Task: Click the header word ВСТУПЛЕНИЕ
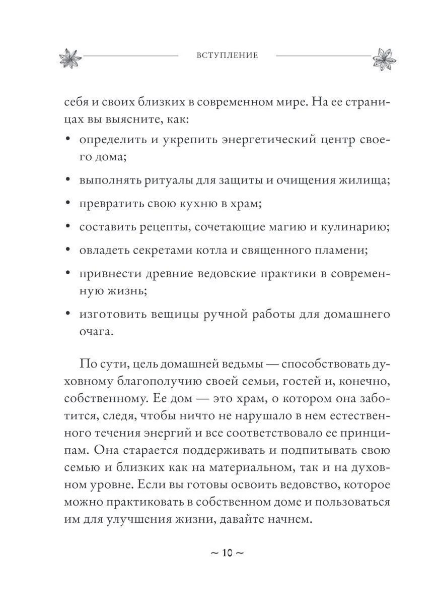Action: coord(227,55)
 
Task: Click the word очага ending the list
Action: coord(96,332)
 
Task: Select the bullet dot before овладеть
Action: coord(68,251)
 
